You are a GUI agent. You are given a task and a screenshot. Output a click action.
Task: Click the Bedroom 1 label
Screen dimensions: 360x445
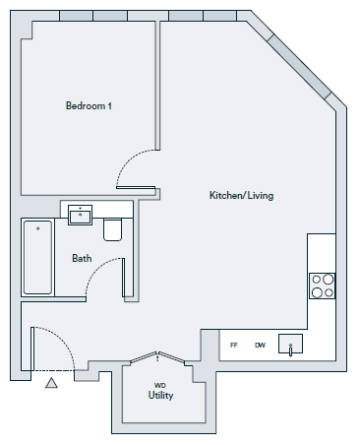click(89, 105)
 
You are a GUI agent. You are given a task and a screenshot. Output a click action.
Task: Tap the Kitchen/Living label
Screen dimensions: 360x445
click(241, 195)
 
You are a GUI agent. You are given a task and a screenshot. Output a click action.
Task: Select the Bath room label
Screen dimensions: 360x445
click(82, 258)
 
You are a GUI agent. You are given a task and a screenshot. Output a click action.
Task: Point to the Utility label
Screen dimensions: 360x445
click(160, 395)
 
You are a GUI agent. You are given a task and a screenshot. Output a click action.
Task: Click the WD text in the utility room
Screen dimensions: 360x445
click(160, 385)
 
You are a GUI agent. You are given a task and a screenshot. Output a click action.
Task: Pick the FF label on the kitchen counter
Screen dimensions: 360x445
click(234, 345)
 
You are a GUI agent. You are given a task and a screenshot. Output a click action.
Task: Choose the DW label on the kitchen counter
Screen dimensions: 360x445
click(260, 345)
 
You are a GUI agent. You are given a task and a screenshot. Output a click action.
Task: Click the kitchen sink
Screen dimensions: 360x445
click(290, 344)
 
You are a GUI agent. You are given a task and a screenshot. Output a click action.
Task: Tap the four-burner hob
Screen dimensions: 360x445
click(322, 286)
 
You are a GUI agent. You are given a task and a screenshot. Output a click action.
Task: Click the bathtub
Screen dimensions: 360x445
click(37, 257)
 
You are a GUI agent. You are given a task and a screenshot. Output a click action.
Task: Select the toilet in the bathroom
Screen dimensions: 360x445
click(113, 229)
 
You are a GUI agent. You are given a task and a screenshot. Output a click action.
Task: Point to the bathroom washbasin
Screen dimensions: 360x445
click(80, 216)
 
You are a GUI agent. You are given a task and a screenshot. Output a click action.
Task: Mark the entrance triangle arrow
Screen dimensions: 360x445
click(51, 383)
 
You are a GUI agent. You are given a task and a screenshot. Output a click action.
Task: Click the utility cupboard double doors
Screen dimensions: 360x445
click(157, 357)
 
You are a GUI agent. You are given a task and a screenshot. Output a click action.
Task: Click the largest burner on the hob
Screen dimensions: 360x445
click(328, 280)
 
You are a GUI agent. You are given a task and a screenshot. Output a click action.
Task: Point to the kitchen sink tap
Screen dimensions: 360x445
click(290, 350)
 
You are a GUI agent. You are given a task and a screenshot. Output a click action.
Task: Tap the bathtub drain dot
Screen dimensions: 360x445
click(38, 228)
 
